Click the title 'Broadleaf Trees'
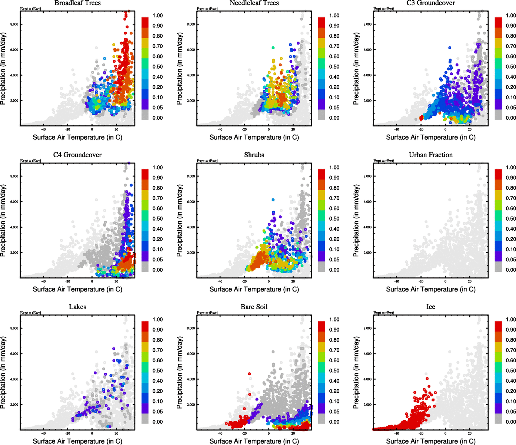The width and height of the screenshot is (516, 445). tap(77, 3)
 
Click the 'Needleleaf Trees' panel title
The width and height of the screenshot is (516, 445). tap(254, 3)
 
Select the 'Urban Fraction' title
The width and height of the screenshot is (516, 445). tap(431, 155)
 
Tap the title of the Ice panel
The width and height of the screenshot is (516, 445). tap(431, 307)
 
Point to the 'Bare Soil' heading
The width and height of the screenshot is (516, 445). tap(254, 307)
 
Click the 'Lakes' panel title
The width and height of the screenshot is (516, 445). tap(77, 307)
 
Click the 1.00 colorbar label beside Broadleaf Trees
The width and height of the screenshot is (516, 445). tap(157, 16)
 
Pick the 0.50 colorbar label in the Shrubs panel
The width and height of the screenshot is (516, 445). tap(334, 219)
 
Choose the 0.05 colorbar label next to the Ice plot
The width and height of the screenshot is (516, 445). tap(511, 412)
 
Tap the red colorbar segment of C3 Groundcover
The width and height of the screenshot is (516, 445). tap(498, 22)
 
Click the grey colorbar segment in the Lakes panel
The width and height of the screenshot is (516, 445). tap(145, 419)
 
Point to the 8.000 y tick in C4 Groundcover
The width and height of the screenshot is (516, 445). tap(14, 177)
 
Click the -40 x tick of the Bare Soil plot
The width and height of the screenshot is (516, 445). tap(220, 433)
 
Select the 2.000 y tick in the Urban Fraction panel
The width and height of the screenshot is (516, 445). tap(367, 253)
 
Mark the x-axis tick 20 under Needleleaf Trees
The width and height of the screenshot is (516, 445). tap(293, 129)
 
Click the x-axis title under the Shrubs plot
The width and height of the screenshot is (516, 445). tap(254, 289)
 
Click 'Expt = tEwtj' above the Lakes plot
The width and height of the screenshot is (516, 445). tap(30, 313)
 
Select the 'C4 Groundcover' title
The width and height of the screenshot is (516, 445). tap(77, 155)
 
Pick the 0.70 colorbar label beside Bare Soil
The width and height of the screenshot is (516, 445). tap(334, 350)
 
